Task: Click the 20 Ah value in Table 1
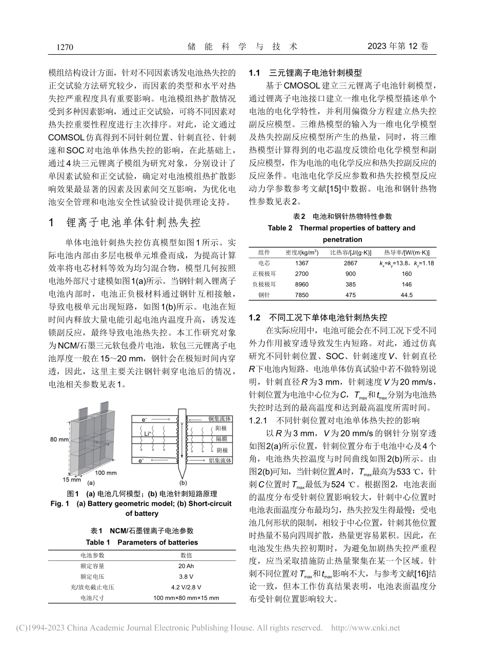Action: click(186, 566)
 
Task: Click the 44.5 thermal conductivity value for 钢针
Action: click(407, 295)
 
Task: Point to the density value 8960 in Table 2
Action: click(302, 284)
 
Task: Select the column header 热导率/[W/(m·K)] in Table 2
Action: click(407, 252)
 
